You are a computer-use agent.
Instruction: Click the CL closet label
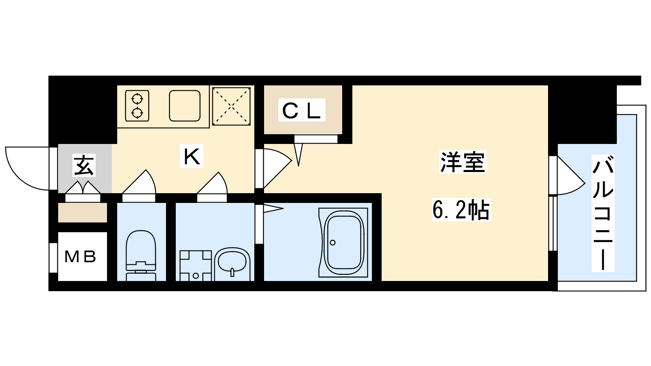301,110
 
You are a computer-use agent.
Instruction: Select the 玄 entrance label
84,166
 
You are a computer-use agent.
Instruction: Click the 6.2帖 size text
461,210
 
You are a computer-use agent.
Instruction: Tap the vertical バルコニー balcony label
603,213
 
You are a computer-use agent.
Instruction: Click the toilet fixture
141,256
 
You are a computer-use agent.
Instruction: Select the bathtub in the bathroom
344,242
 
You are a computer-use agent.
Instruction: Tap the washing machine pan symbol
196,266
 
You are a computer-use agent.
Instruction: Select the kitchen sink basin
185,106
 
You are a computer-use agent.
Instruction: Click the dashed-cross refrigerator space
232,107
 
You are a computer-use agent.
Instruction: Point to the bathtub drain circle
333,242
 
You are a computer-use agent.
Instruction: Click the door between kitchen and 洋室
273,168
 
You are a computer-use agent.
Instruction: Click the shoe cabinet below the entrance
83,213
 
